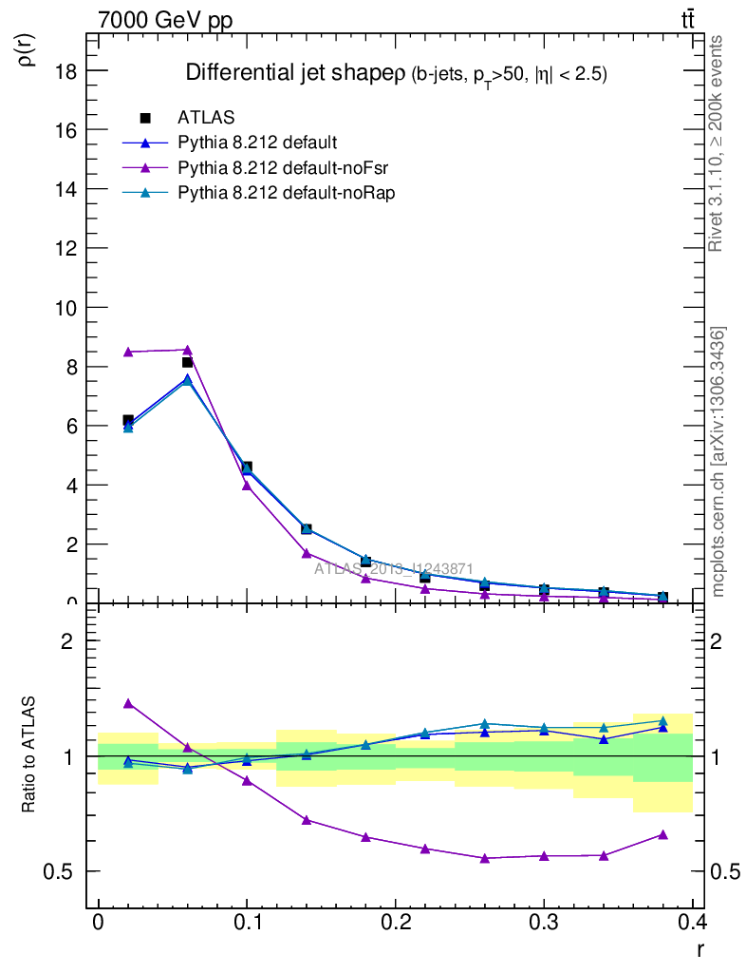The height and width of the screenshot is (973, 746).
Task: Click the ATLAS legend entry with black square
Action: pos(206,118)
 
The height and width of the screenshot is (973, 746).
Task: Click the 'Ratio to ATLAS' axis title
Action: pos(29,755)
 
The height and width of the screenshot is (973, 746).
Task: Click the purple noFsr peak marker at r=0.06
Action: pos(188,350)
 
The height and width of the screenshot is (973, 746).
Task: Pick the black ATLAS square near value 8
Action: pos(188,362)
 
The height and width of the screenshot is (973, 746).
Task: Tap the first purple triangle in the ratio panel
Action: pos(128,703)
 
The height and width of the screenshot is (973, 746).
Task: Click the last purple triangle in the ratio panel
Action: pos(662,834)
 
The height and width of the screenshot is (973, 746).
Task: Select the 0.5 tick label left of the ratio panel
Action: pos(60,871)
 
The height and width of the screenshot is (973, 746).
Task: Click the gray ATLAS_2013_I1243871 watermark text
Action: pos(394,568)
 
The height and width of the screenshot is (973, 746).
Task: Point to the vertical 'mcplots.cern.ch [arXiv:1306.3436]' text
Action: pos(718,462)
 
